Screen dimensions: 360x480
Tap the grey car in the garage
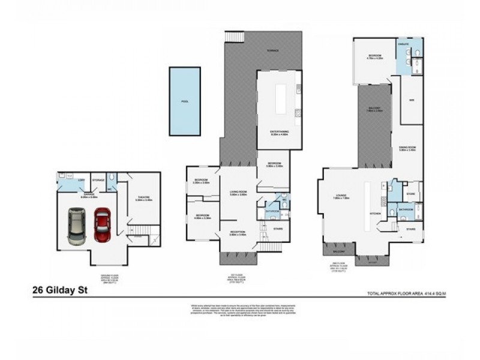click(x=76, y=225)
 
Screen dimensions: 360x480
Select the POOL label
click(x=185, y=101)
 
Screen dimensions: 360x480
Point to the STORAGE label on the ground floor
click(x=99, y=180)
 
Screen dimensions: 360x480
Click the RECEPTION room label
click(x=238, y=232)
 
